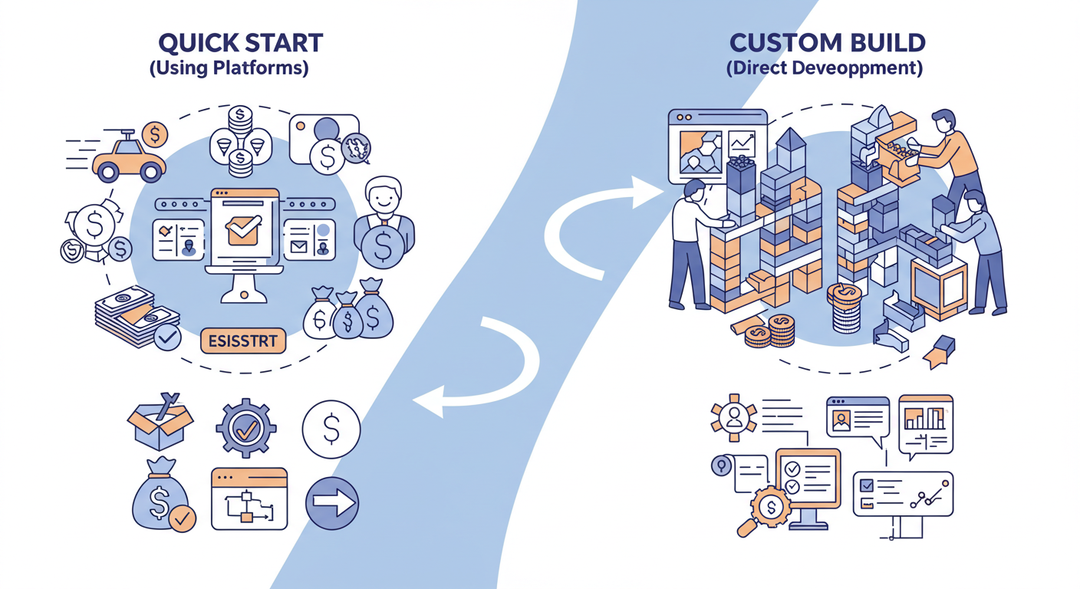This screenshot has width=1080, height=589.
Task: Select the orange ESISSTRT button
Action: click(242, 340)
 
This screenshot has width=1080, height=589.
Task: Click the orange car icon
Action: click(128, 159)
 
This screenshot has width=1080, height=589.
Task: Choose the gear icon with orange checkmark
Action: click(245, 429)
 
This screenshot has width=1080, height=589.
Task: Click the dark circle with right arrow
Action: click(331, 503)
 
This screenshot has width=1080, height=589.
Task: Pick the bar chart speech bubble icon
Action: click(925, 423)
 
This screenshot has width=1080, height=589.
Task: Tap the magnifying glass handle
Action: click(746, 528)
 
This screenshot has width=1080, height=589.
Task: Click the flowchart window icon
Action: click(249, 499)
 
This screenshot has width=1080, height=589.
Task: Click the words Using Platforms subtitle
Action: click(229, 68)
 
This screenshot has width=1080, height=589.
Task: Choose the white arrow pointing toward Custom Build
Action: click(606, 215)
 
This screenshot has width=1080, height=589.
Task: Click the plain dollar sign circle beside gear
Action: click(331, 430)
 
